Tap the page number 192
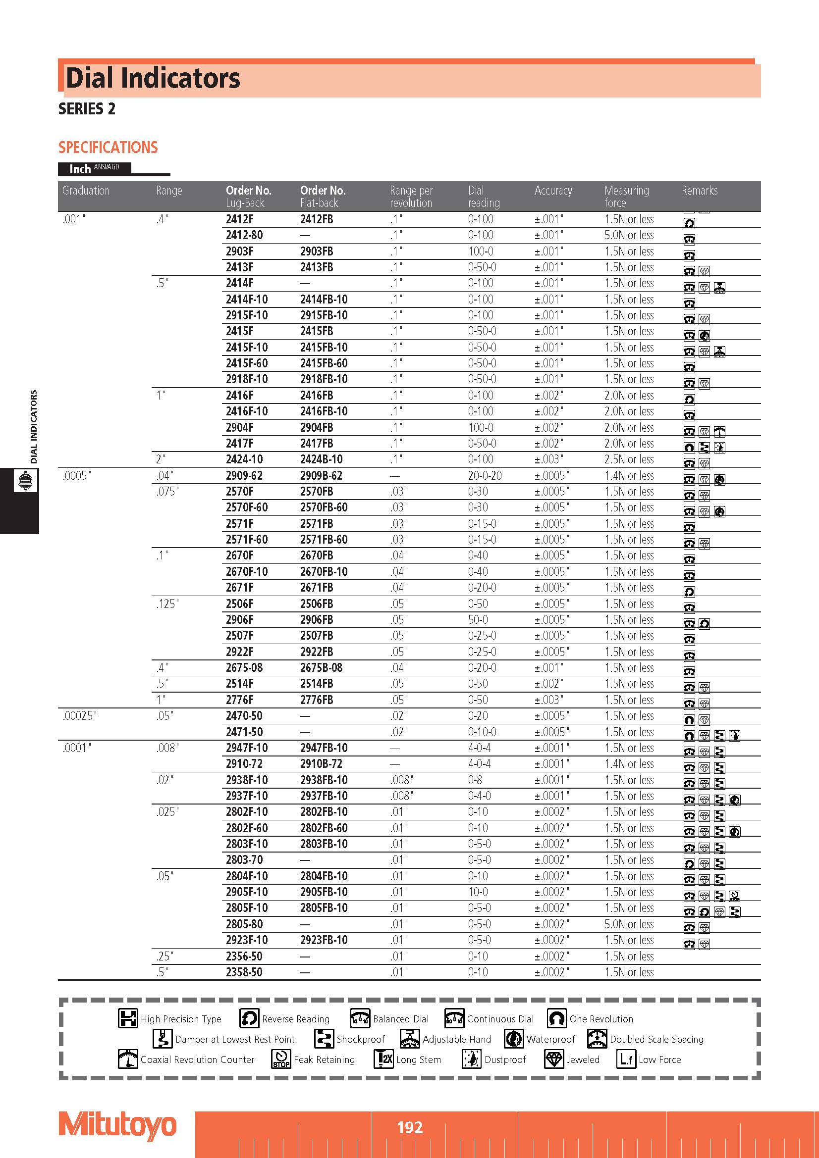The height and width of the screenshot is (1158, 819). tap(409, 1127)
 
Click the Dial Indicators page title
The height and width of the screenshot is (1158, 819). tap(153, 78)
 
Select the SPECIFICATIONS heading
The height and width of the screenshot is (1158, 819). tap(108, 147)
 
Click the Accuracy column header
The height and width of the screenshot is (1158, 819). tap(553, 191)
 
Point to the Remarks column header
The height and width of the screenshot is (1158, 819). tap(699, 191)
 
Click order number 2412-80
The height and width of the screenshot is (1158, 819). tap(244, 235)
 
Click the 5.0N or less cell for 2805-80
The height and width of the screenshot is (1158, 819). tap(629, 924)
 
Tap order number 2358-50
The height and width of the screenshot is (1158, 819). tap(244, 972)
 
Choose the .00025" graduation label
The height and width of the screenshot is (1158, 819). tap(80, 716)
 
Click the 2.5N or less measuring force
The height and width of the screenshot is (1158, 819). tap(629, 459)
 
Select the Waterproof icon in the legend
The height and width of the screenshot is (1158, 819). tap(514, 1039)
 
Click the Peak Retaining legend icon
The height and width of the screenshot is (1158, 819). tap(281, 1058)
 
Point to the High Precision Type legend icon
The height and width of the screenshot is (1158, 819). tap(128, 1018)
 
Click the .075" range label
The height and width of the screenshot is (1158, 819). tap(167, 492)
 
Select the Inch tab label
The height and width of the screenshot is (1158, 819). tap(80, 169)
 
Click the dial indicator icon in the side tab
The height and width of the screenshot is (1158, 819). tap(25, 481)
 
